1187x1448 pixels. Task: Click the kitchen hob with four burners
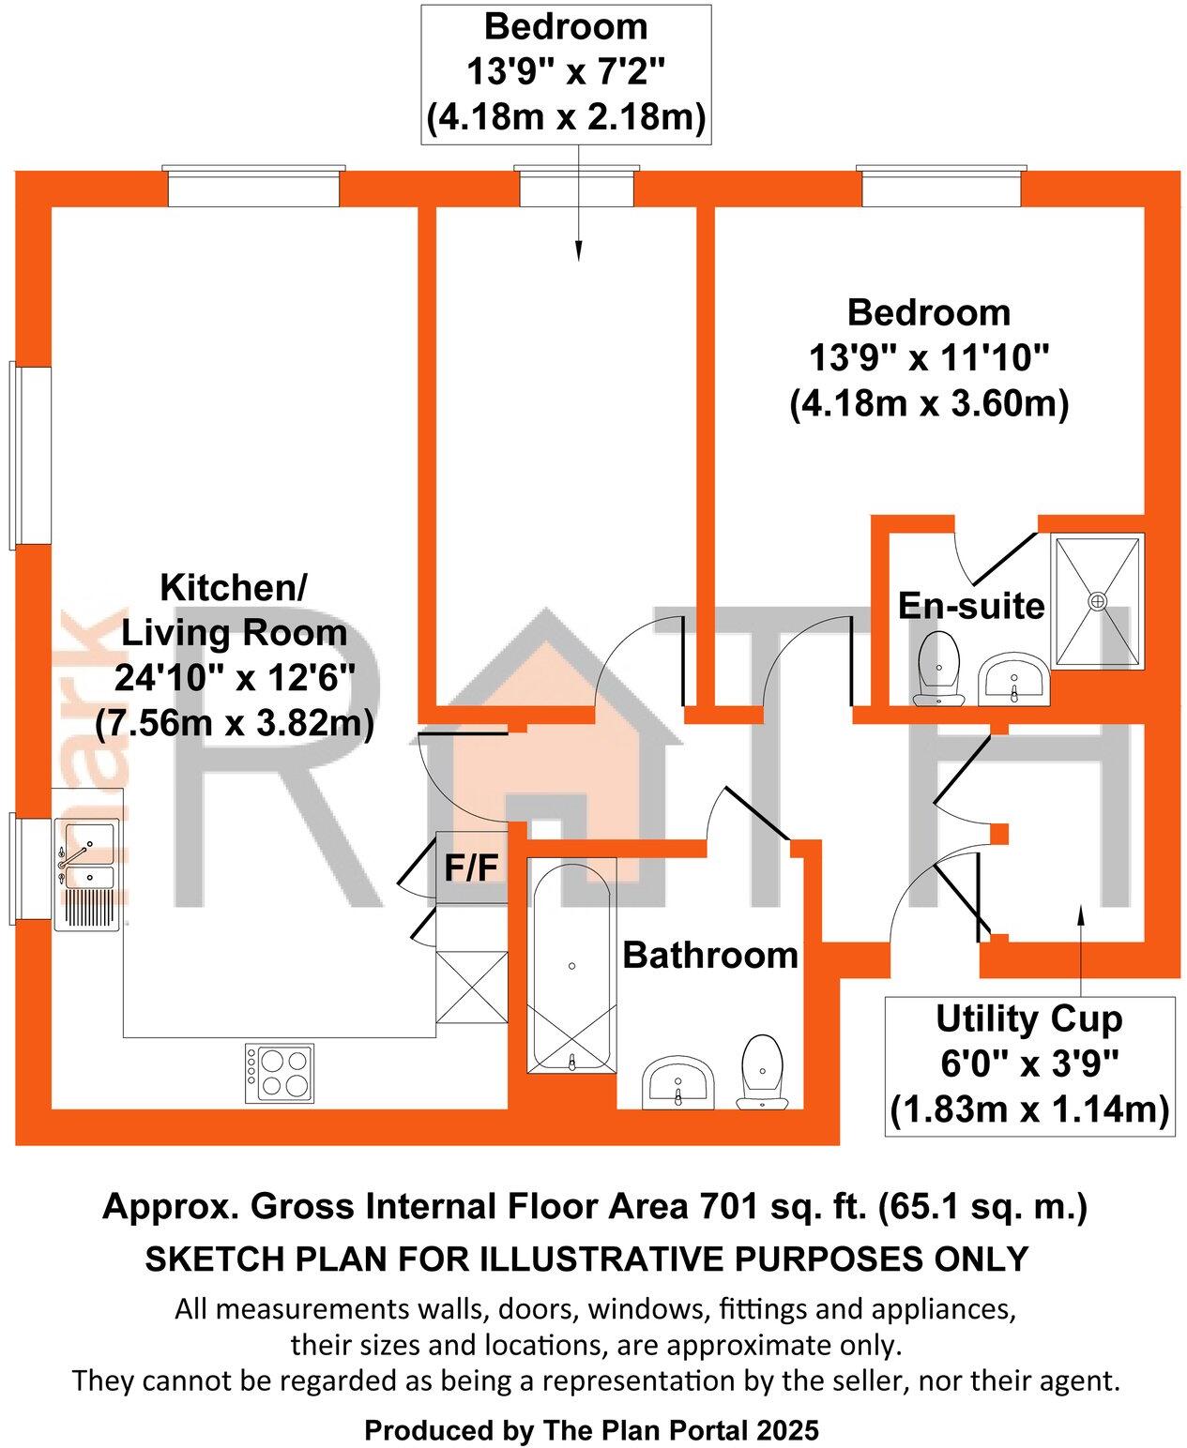click(x=280, y=1073)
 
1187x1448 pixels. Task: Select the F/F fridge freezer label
click(x=471, y=868)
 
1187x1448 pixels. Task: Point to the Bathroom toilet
click(x=762, y=1071)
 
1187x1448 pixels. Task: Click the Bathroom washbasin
click(x=678, y=1084)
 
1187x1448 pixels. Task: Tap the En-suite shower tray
click(x=1097, y=600)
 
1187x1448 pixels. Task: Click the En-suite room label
click(x=970, y=606)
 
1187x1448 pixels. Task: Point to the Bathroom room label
click(x=709, y=955)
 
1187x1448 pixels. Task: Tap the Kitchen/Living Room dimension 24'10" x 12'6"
click(x=234, y=677)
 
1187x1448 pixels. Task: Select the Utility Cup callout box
click(x=1029, y=1064)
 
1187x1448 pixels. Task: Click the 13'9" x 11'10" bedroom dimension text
click(x=929, y=357)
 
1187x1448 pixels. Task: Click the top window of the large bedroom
click(x=940, y=187)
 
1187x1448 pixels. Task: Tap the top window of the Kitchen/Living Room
click(x=253, y=187)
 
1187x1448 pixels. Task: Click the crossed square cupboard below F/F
click(x=472, y=987)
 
